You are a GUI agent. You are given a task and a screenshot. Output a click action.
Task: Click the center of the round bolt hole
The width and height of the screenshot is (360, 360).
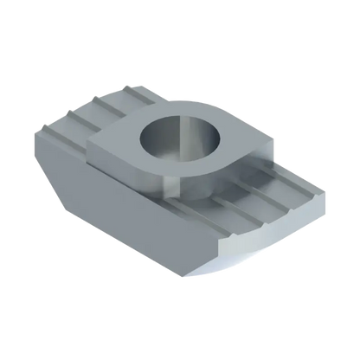point(174,138)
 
